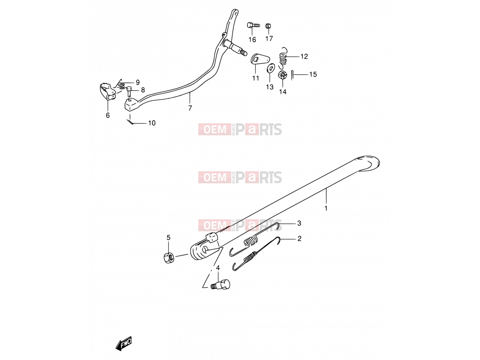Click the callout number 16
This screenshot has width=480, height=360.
252,40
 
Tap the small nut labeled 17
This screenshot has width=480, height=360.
268,26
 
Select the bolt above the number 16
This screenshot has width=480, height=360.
253,25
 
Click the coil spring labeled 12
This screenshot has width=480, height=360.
283,58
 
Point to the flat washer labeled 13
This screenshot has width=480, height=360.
271,68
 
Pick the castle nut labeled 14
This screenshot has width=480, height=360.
282,75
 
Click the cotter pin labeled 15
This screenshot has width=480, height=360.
292,75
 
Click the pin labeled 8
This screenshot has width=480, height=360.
129,91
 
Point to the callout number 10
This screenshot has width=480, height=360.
152,123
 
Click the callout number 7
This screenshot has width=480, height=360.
190,108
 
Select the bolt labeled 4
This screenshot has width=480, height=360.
220,284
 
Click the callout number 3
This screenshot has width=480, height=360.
299,223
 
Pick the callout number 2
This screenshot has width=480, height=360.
299,238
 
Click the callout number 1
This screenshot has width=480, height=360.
326,208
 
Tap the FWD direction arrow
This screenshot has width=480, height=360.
124,343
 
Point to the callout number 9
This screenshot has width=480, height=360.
137,82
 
